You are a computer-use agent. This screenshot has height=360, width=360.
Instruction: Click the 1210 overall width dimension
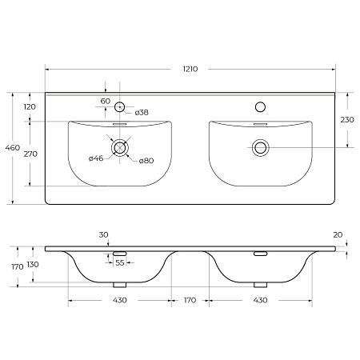[190, 69]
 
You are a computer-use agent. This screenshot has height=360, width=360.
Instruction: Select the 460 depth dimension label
[13, 147]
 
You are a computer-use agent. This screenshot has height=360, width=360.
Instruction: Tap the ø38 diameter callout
[142, 113]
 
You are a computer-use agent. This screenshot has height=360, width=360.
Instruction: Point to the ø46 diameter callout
[96, 158]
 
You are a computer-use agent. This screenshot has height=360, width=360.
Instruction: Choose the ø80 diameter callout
[146, 161]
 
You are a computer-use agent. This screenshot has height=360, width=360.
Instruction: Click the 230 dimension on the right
[347, 120]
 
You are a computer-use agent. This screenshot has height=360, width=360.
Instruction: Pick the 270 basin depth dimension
[30, 154]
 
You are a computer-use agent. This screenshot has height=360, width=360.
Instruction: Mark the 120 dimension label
[30, 107]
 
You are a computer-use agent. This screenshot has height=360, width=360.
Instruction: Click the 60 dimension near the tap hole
[106, 102]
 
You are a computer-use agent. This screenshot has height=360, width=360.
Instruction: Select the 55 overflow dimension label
[120, 263]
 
